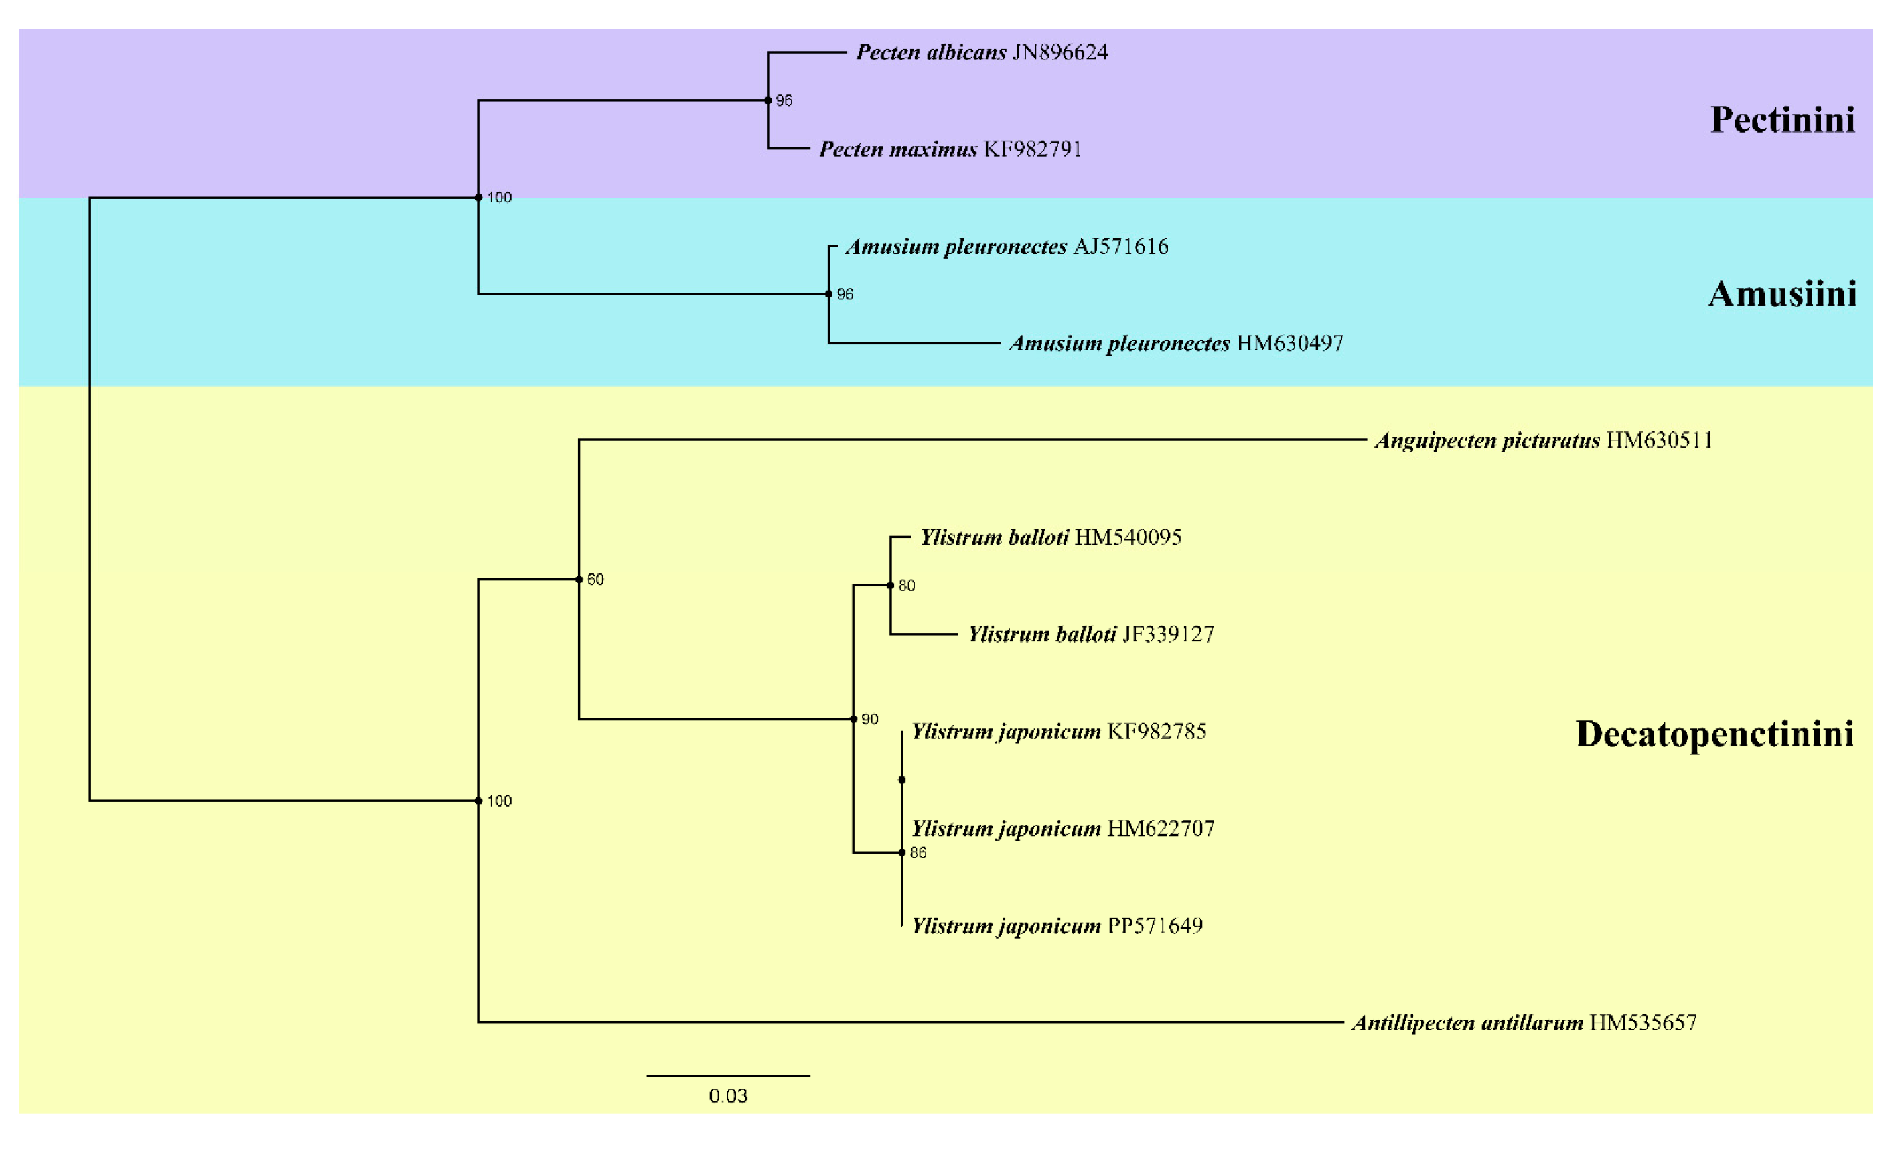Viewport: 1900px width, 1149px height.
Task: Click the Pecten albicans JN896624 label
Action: click(x=982, y=52)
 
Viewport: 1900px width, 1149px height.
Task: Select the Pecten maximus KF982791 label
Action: click(x=950, y=149)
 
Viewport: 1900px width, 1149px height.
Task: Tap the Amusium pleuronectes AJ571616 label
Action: click(x=1007, y=247)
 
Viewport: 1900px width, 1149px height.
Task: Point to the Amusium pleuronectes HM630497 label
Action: click(x=1176, y=344)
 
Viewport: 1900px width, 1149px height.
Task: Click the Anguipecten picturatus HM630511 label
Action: click(x=1543, y=441)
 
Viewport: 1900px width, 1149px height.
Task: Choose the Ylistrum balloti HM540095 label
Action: click(x=1050, y=538)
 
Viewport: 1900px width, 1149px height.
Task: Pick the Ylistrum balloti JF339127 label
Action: click(x=1091, y=635)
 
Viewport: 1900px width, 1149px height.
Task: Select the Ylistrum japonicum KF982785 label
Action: click(x=1059, y=732)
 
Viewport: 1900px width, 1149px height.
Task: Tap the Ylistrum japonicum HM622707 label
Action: click(x=1063, y=829)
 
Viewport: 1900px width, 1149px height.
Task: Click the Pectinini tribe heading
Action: click(x=1782, y=121)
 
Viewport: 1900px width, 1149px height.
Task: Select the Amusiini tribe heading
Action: click(x=1782, y=295)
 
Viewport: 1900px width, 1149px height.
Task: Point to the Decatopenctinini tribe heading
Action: click(x=1714, y=734)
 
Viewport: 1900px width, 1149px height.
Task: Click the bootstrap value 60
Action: click(x=595, y=580)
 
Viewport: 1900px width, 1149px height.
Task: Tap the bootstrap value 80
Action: click(x=907, y=586)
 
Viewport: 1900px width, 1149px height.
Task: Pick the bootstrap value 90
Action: click(x=870, y=720)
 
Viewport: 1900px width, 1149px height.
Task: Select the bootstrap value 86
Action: click(x=918, y=853)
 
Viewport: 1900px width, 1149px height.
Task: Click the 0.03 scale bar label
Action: click(x=728, y=1097)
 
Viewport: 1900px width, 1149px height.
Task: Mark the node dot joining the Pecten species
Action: click(x=768, y=100)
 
